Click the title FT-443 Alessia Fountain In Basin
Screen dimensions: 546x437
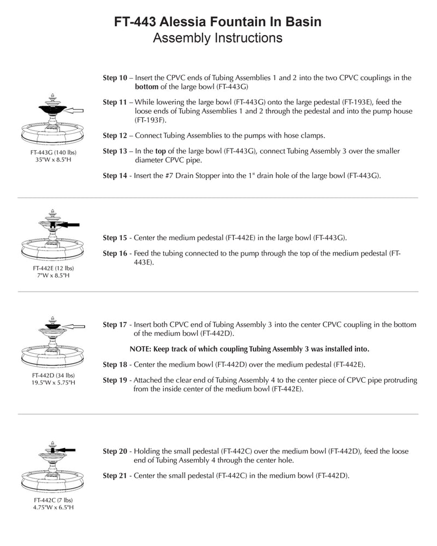(x=217, y=22)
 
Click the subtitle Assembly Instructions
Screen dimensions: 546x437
(x=217, y=38)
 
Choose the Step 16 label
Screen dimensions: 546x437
(x=115, y=254)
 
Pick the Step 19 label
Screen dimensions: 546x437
(x=115, y=380)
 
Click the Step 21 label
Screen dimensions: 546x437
(x=115, y=476)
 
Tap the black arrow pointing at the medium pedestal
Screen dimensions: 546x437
(x=69, y=224)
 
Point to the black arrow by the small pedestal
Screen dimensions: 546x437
(x=66, y=449)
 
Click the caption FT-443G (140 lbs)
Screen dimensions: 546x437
(x=53, y=152)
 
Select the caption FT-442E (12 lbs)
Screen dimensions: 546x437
(x=53, y=268)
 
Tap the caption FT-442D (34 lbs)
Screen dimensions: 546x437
(x=53, y=375)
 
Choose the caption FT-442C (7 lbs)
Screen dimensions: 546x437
(x=53, y=500)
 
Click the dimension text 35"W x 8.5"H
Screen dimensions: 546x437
(x=53, y=160)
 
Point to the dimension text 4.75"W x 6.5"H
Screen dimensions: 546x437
(x=53, y=507)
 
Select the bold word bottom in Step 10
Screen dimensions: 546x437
(x=146, y=86)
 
